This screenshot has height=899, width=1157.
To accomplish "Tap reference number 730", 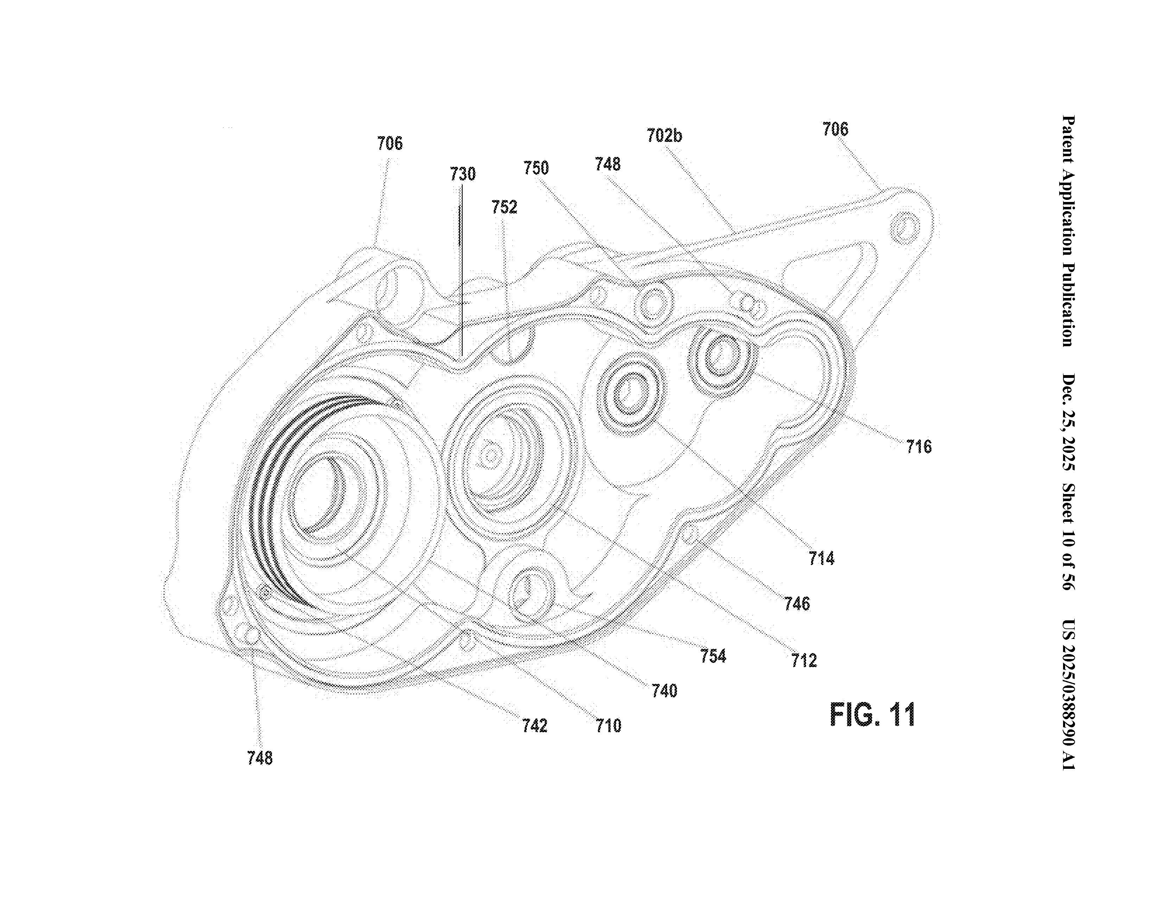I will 462,174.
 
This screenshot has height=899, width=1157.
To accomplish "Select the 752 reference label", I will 504,207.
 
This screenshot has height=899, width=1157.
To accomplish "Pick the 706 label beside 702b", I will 835,129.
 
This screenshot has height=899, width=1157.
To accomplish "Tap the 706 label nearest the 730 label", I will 390,143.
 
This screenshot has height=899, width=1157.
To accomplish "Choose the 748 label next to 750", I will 607,164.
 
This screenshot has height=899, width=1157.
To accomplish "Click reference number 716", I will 918,447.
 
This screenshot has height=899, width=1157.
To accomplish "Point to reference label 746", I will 797,603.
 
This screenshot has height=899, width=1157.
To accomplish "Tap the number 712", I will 804,660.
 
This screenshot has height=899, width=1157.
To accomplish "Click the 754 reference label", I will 713,656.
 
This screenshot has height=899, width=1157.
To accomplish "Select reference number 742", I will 534,725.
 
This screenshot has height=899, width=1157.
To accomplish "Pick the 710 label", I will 608,725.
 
